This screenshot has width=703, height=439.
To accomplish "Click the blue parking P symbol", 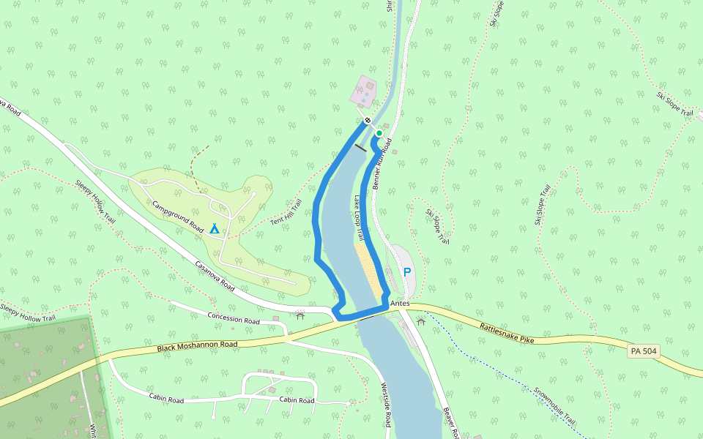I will coord(407,272).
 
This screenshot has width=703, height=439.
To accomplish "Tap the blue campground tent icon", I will coord(215,229).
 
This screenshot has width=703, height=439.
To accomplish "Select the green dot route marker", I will coord(379,133).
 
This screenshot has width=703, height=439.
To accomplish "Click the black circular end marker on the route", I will coord(368,120).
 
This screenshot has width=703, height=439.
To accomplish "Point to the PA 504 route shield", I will coord(643,352).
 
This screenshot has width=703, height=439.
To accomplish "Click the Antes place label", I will coord(399,303).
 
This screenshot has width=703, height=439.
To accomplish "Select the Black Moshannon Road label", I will coord(197,344).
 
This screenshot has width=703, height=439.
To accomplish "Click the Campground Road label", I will coord(178,217).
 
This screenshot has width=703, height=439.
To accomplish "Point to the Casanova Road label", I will coord(215,276).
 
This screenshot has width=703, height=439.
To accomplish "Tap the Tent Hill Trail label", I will coord(286,212).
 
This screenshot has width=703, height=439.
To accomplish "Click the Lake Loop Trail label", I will coord(359,217).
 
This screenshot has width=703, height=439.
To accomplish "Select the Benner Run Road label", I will coord(382,165).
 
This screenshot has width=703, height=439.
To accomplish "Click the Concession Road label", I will coord(234,320).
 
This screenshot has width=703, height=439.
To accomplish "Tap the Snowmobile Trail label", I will coord(554,407).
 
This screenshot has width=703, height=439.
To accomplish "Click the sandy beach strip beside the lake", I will coord(371,271).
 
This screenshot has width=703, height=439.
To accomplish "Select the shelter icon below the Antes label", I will coord(420,320).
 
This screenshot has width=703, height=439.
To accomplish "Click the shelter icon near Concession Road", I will coord(300,315).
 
